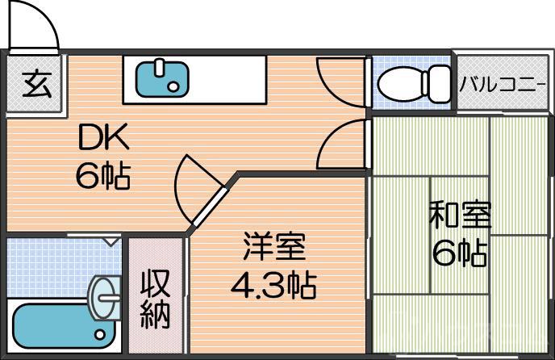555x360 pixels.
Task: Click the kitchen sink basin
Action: point(161,78)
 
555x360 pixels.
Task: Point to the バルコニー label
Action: point(503,83)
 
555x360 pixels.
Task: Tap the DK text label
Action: point(103,139)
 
